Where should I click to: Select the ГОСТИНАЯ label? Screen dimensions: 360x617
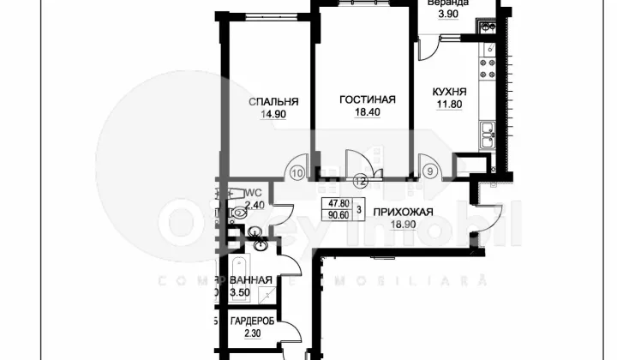pyautogui.click(x=367, y=99)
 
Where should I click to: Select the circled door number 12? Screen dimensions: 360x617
pyautogui.click(x=360, y=180)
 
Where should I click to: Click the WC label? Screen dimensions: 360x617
pyautogui.click(x=252, y=194)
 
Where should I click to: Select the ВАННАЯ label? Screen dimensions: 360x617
pyautogui.click(x=252, y=280)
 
